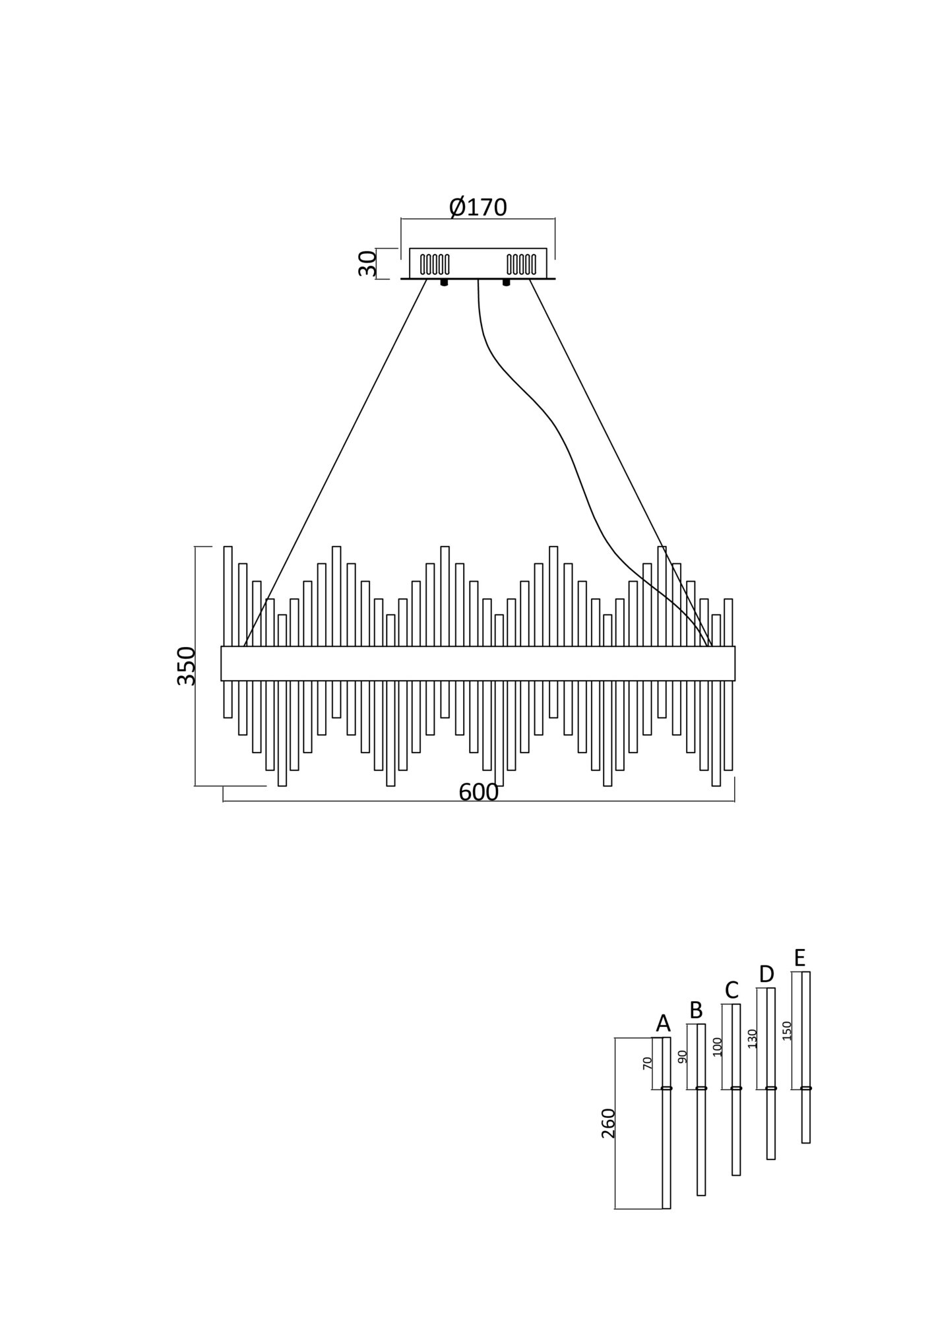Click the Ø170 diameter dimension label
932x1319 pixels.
point(478,207)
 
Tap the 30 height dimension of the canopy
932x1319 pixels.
point(367,263)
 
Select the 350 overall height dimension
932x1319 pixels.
point(187,666)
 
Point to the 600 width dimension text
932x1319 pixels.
point(478,792)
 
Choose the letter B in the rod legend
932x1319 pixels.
point(696,1010)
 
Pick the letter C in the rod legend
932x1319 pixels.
point(731,990)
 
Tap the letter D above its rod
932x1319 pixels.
point(766,973)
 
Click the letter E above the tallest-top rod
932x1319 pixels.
point(800,957)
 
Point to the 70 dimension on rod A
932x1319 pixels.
point(647,1062)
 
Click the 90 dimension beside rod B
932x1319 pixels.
point(682,1057)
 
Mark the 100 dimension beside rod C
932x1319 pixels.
point(718,1047)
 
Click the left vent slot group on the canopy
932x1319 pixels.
point(435,264)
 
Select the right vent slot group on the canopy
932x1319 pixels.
point(521,264)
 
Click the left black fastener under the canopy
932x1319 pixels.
point(444,282)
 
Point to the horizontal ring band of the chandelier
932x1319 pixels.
point(478,663)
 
